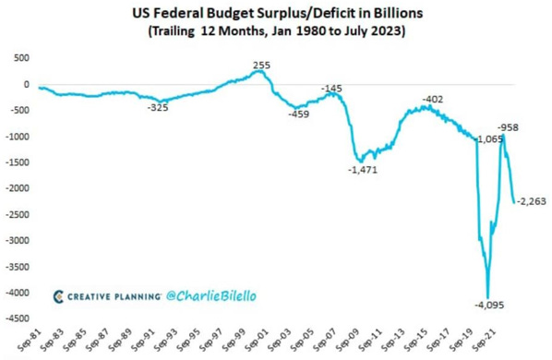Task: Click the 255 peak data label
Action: point(261,66)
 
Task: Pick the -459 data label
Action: point(297,114)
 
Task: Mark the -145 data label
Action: point(331,88)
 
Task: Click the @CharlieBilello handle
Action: point(213,296)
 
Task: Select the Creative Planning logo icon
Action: point(59,296)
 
